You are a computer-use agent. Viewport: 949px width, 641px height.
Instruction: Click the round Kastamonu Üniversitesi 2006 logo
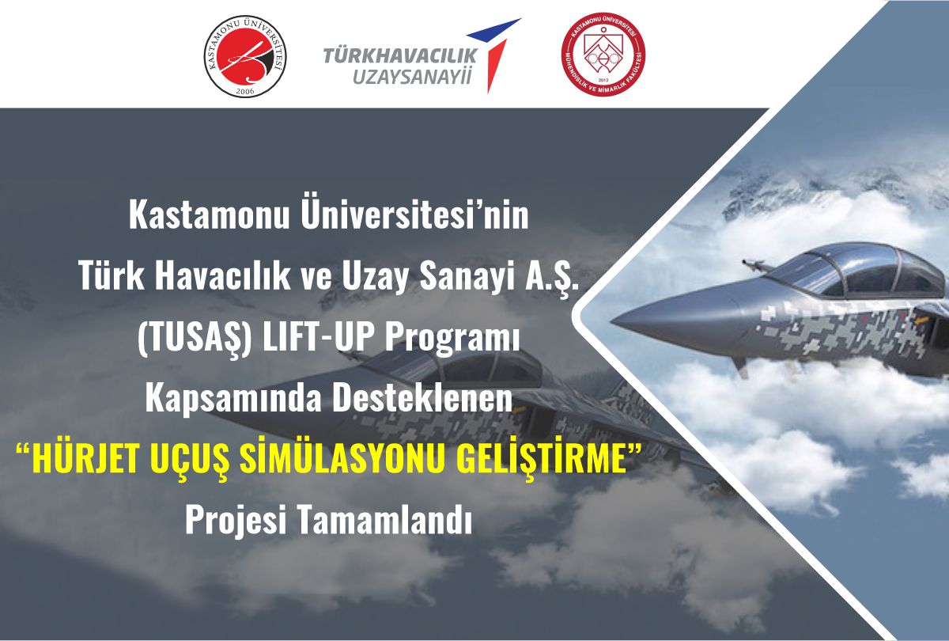click(245, 56)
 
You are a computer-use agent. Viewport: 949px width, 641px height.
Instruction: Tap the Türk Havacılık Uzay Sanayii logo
click(422, 55)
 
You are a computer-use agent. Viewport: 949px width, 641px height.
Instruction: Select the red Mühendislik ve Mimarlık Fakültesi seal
click(603, 55)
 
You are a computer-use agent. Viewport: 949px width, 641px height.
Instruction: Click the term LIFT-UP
click(319, 338)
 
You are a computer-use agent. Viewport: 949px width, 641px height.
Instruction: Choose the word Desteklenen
click(422, 398)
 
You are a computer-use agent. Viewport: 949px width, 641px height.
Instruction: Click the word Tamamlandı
click(386, 520)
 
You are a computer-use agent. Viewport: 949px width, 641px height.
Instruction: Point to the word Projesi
click(236, 521)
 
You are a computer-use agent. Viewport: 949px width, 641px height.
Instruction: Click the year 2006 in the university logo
click(245, 90)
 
